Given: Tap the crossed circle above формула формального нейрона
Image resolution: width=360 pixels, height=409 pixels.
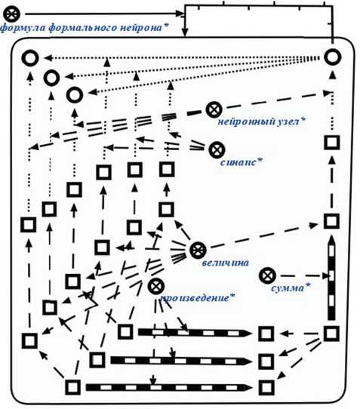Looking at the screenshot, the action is click(x=11, y=14).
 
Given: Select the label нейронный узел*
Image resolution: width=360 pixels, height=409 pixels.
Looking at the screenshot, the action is click(x=262, y=121).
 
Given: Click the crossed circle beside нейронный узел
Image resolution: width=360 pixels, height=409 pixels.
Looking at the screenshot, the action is click(x=214, y=110).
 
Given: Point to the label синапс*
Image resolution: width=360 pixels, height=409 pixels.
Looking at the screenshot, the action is click(x=242, y=162).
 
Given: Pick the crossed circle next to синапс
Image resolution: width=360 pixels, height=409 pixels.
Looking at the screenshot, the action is click(x=217, y=150).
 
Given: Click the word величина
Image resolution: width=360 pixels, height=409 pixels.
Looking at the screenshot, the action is click(x=226, y=263).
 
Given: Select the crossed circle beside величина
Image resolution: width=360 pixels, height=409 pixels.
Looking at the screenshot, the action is click(x=198, y=250).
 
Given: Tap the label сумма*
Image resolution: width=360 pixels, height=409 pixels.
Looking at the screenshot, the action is click(x=291, y=288).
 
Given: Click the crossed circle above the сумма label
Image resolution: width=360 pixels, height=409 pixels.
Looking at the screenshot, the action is click(x=267, y=275).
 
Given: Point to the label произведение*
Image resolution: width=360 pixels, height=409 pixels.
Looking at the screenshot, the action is click(x=197, y=298).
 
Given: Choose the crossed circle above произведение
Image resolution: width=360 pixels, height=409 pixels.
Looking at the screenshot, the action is click(x=156, y=286).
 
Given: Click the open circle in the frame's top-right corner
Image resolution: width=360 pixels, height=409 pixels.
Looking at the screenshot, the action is click(x=333, y=57).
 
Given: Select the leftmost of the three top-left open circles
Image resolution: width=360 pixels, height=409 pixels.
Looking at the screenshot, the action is click(x=30, y=58).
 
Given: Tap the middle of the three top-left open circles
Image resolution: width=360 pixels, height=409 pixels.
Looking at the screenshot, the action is click(x=51, y=78).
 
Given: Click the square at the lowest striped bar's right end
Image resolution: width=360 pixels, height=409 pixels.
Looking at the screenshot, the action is click(x=266, y=387).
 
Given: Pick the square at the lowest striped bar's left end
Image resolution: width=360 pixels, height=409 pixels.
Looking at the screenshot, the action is click(x=72, y=387).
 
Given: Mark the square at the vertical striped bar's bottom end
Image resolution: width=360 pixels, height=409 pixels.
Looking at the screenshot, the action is click(x=331, y=334).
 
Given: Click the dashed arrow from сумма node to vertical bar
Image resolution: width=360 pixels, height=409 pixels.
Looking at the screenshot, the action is click(x=304, y=275).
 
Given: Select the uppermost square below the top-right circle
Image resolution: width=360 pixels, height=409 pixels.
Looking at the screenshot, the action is click(x=332, y=143).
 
